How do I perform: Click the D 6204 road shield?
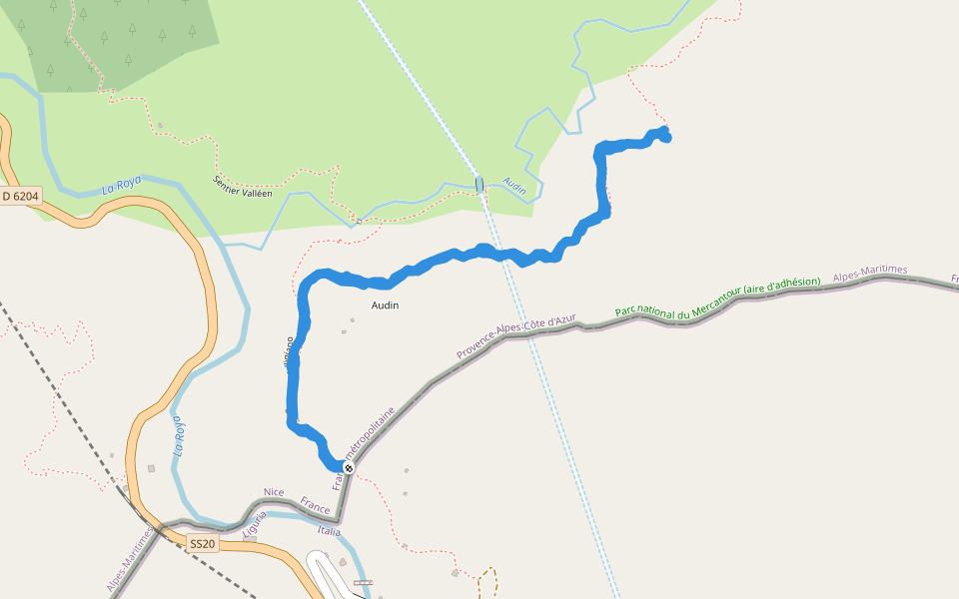tap(20, 197)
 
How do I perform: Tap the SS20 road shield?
tap(202, 544)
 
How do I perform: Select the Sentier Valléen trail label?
tap(242, 187)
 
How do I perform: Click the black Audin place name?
tap(385, 305)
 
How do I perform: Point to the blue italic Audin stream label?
tap(514, 186)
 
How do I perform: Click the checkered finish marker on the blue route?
tap(349, 468)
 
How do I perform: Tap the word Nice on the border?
tap(274, 493)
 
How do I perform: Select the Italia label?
tap(329, 531)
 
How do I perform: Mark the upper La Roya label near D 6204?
tap(123, 186)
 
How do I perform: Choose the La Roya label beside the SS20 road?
tap(181, 435)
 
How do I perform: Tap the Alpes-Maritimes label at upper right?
tap(869, 272)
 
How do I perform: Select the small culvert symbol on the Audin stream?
tap(479, 184)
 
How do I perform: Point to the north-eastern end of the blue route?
tap(664, 135)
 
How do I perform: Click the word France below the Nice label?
tap(316, 510)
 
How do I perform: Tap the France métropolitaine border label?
tap(368, 444)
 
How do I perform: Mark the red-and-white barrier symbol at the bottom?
tap(363, 582)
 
